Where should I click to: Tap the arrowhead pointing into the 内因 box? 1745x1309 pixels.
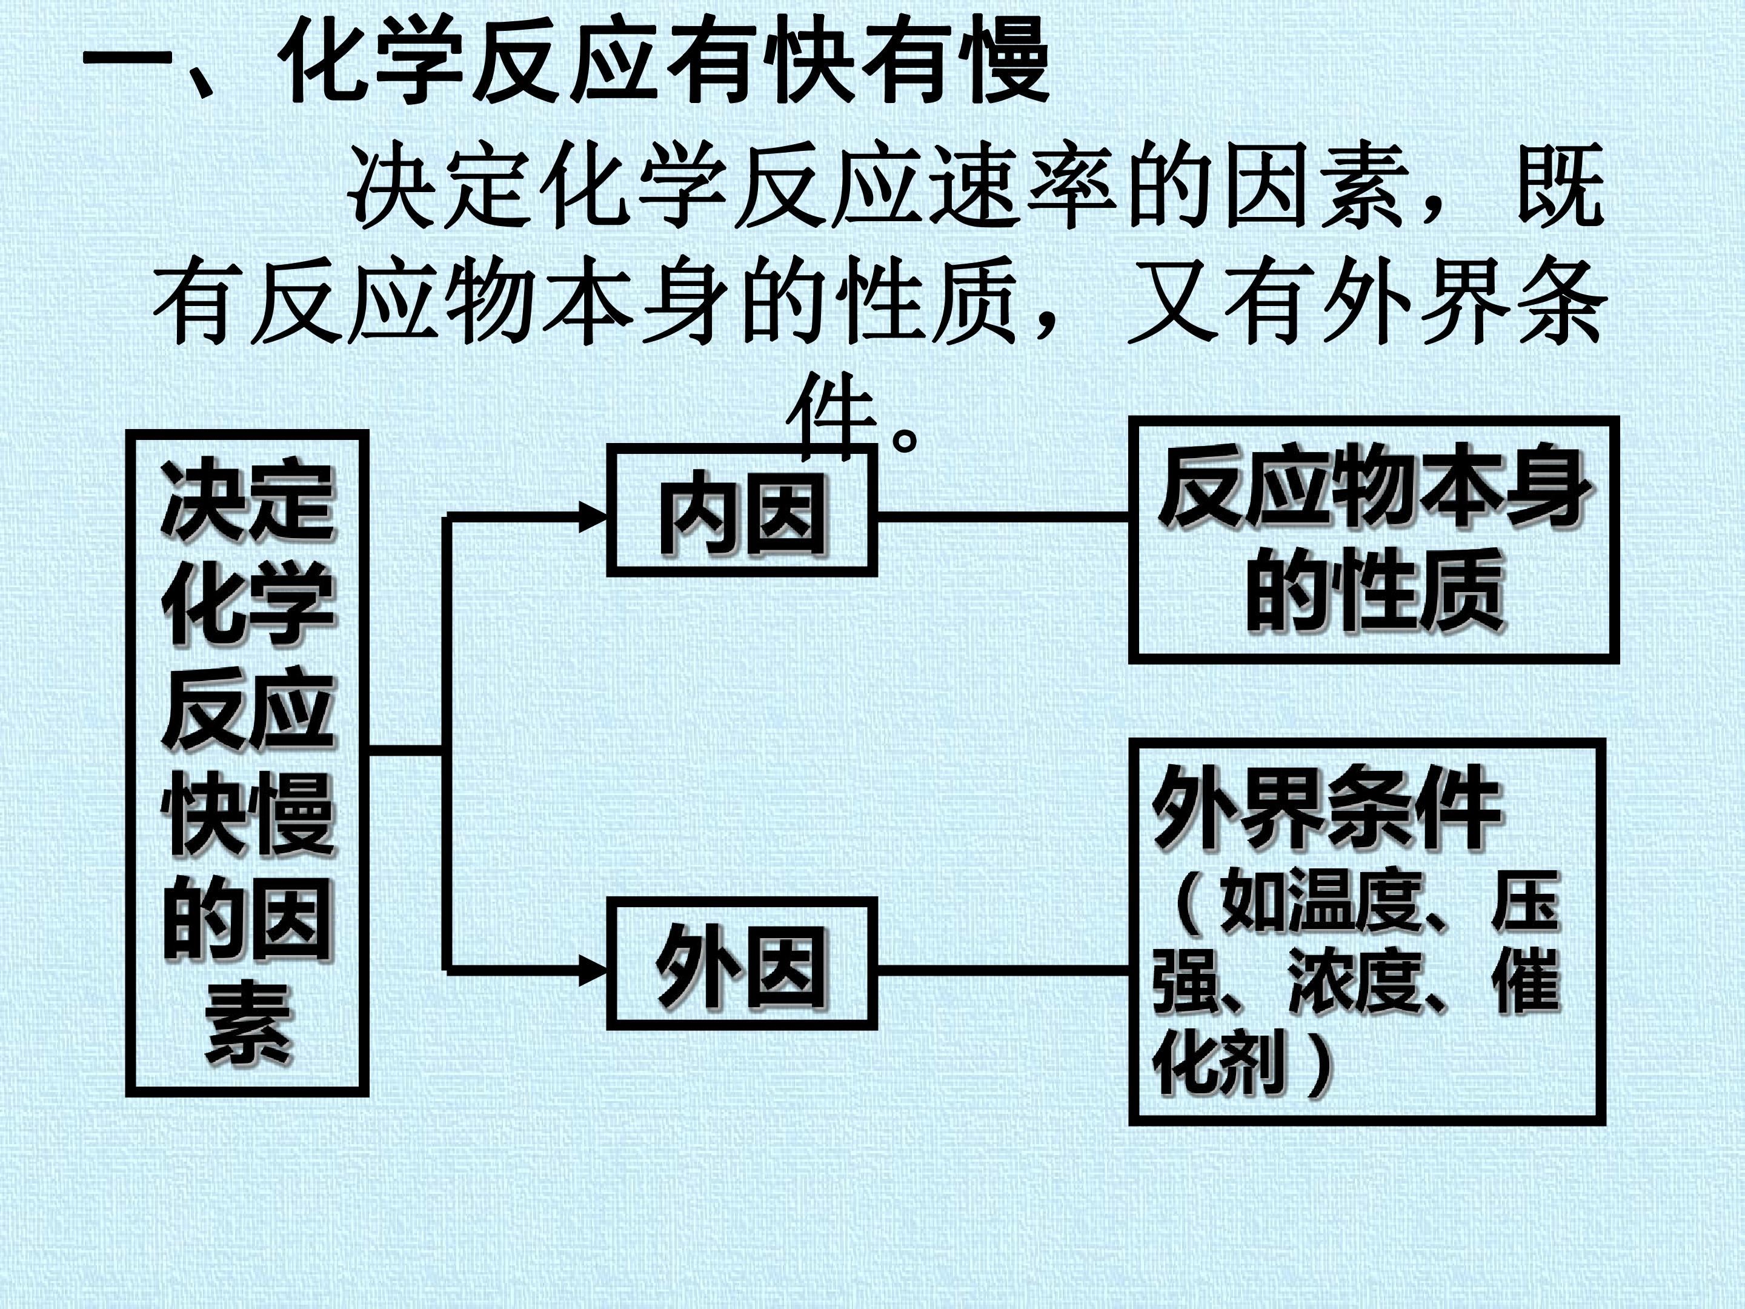[x=593, y=518]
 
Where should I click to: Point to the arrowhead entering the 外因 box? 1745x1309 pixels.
[x=593, y=970]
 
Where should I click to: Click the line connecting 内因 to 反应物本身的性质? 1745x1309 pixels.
[x=1003, y=517]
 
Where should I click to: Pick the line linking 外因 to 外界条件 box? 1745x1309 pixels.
[x=1003, y=969]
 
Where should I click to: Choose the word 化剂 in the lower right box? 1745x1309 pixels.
[x=1220, y=1061]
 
